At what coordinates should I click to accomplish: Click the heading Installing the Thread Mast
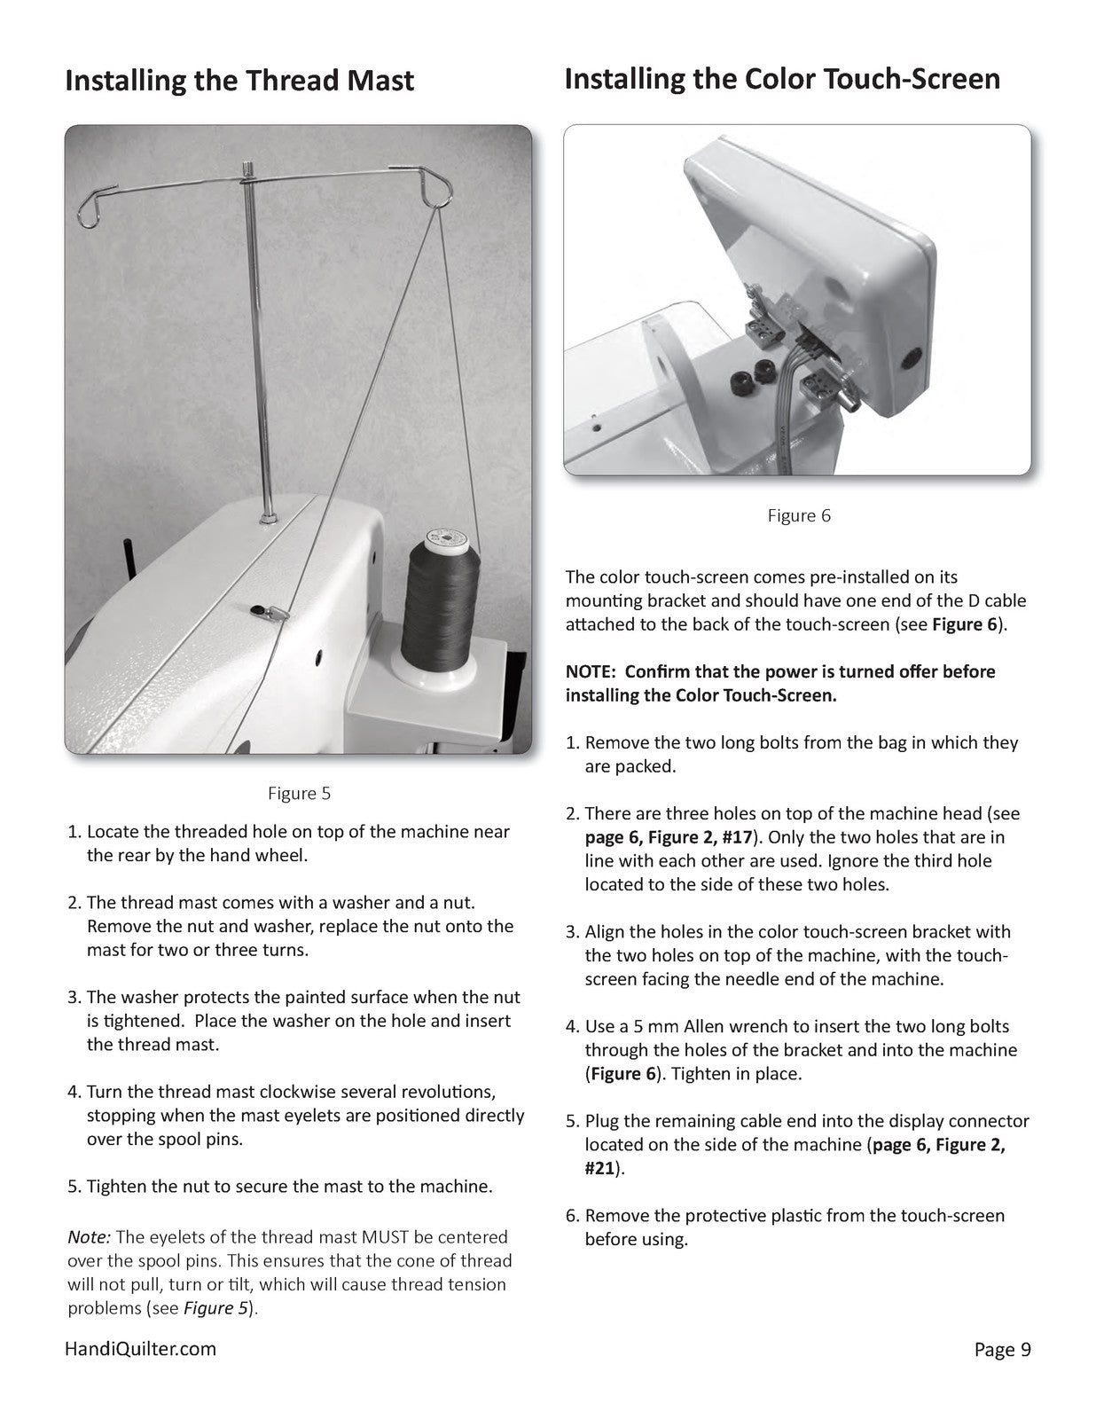pos(239,81)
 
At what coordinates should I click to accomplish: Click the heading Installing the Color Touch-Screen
pos(781,79)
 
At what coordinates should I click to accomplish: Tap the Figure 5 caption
pos(299,793)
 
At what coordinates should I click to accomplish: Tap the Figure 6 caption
pos(798,515)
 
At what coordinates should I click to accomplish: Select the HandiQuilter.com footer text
pos(140,1349)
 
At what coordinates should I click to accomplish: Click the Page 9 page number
pos(1002,1350)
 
